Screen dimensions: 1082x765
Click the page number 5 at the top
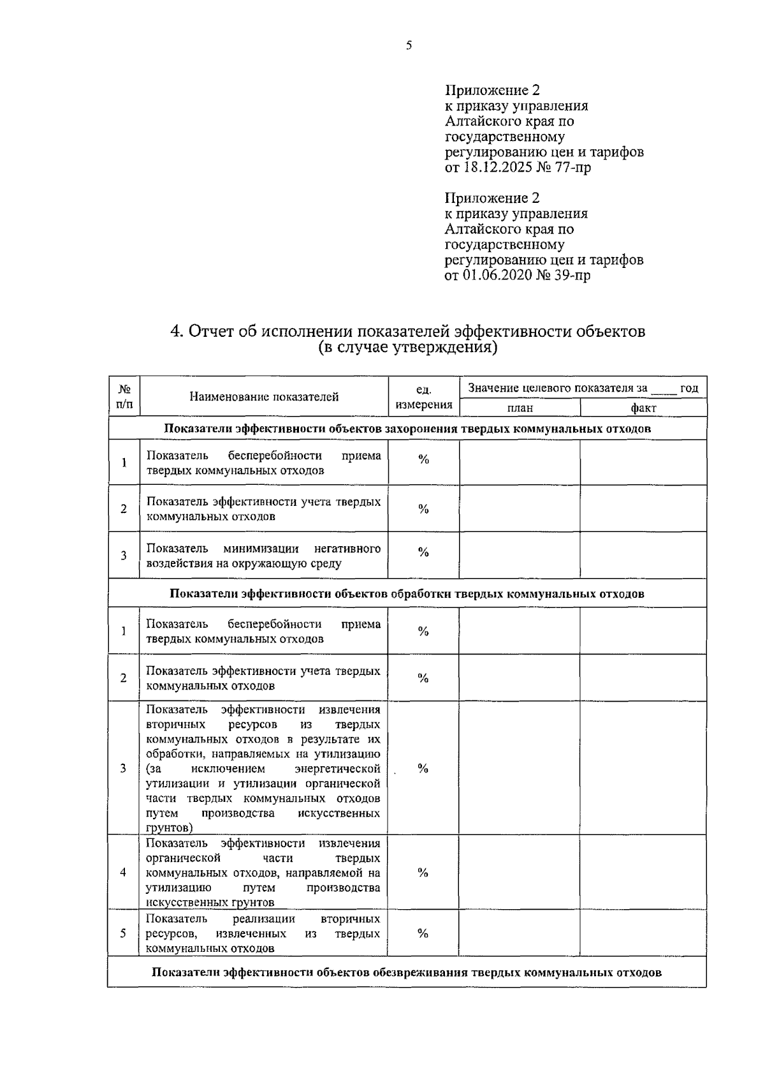[x=409, y=45]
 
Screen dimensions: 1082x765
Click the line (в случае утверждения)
[x=407, y=348]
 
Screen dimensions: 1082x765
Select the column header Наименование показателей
[x=264, y=397]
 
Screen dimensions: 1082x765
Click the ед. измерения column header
[x=424, y=397]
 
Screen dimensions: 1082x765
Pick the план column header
[x=520, y=408]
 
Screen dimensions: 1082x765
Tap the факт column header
[x=643, y=408]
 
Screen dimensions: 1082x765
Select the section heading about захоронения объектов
[x=407, y=429]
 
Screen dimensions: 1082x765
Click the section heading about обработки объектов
[x=407, y=594]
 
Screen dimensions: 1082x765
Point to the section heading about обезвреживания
[x=407, y=973]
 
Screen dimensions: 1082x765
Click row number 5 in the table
[x=123, y=933]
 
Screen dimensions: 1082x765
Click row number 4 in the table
[x=123, y=872]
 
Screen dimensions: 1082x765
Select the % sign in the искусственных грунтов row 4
[x=423, y=873]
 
